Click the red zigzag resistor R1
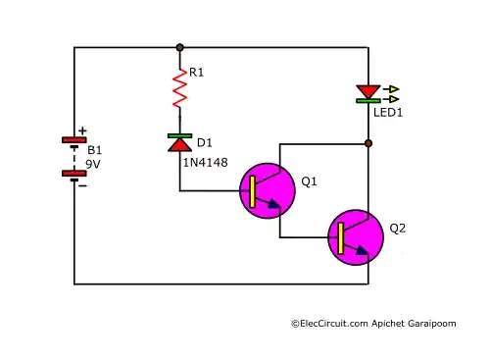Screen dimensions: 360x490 [x=179, y=89]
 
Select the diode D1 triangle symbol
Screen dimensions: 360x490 [x=179, y=143]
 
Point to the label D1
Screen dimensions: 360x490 [x=204, y=143]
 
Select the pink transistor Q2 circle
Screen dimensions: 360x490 [x=356, y=236]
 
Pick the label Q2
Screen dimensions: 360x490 [x=398, y=229]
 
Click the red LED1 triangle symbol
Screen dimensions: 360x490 [x=368, y=91]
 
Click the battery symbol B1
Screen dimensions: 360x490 [x=74, y=157]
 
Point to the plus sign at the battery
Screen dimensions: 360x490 [x=82, y=130]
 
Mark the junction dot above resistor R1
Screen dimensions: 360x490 [x=179, y=47]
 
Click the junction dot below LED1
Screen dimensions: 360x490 [x=368, y=143]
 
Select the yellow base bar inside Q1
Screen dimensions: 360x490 [x=253, y=191]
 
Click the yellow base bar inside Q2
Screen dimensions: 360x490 [x=340, y=236]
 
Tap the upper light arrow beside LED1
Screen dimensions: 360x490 [x=392, y=89]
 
